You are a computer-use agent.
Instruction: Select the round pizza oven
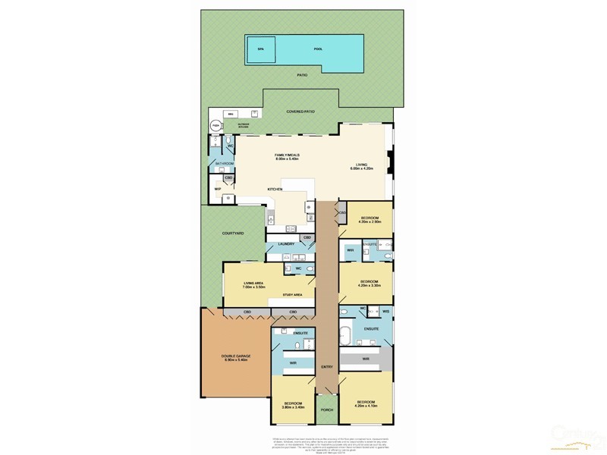[x=215, y=125]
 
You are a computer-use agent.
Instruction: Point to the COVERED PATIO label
[x=300, y=111]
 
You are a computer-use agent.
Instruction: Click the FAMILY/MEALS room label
[x=287, y=157]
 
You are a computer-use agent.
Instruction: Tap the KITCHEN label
[x=274, y=189]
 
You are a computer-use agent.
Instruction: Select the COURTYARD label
[x=232, y=234]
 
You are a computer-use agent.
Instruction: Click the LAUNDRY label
[x=286, y=243]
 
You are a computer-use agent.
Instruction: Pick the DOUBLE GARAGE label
[x=235, y=358]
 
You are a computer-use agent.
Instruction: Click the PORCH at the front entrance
[x=327, y=409]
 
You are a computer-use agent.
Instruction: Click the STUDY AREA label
[x=293, y=293]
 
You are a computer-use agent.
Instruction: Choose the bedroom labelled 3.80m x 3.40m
[x=293, y=404]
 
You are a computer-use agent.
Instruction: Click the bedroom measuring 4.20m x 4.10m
[x=366, y=403]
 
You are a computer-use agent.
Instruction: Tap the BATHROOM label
[x=225, y=163]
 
